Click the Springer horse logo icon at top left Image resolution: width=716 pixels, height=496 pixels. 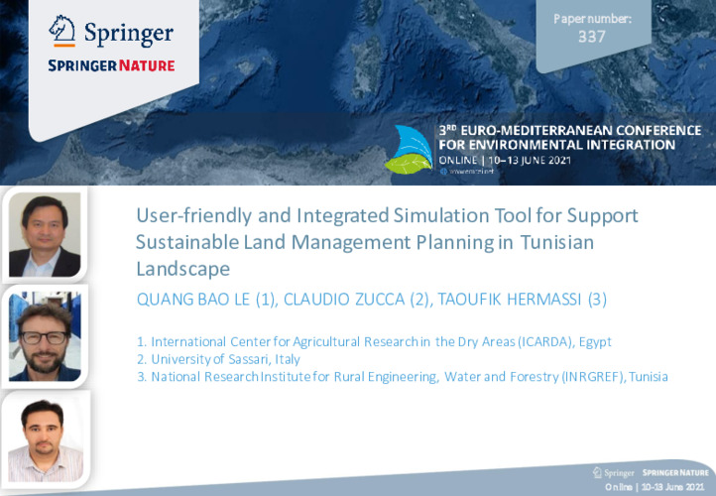click(64, 31)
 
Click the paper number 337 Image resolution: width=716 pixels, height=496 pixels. click(591, 38)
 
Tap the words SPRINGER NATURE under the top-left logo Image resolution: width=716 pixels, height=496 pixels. click(111, 65)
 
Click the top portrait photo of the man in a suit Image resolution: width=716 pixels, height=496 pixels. click(44, 234)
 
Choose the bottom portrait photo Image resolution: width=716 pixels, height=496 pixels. click(44, 439)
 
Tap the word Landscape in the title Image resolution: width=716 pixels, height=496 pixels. click(182, 268)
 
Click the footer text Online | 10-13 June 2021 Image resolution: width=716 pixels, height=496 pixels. click(657, 488)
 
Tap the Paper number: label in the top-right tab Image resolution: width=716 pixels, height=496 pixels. click(592, 18)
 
